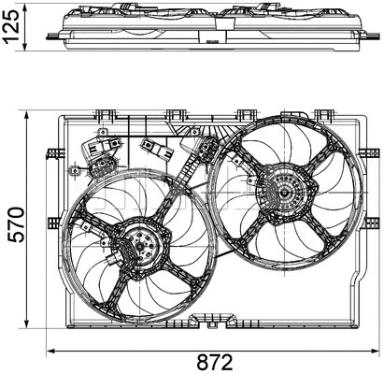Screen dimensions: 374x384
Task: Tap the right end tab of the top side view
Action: pyautogui.click(x=370, y=36)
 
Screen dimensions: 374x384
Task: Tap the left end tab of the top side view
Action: pyautogui.click(x=57, y=35)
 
